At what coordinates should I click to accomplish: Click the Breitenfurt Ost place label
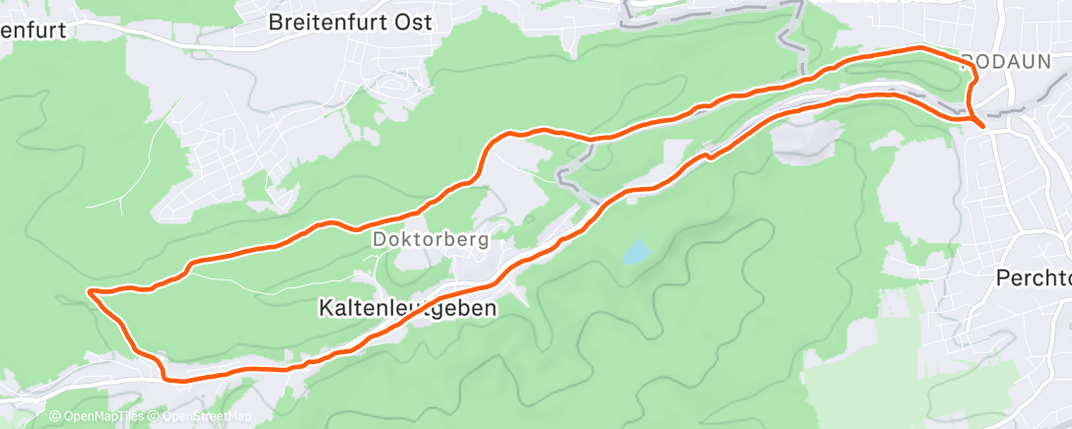(351, 24)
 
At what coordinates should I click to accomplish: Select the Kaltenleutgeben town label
(407, 308)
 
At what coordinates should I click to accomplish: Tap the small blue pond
(636, 252)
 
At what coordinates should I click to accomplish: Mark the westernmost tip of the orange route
(90, 291)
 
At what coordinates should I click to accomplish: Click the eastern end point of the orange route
(982, 125)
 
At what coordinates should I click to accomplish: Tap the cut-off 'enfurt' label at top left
(33, 30)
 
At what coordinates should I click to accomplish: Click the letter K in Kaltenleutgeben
(325, 308)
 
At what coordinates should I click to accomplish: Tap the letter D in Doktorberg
(378, 239)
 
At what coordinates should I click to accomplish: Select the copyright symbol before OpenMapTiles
(54, 417)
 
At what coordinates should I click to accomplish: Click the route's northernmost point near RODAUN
(920, 47)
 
